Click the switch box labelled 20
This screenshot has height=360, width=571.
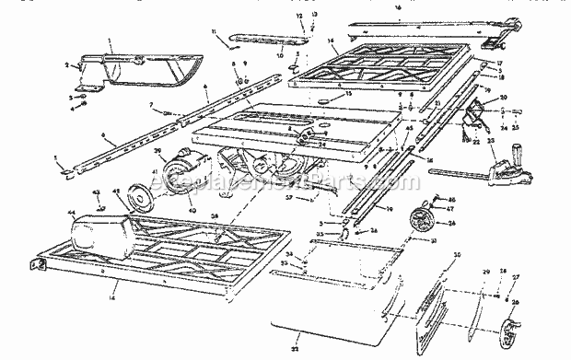[478, 114]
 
